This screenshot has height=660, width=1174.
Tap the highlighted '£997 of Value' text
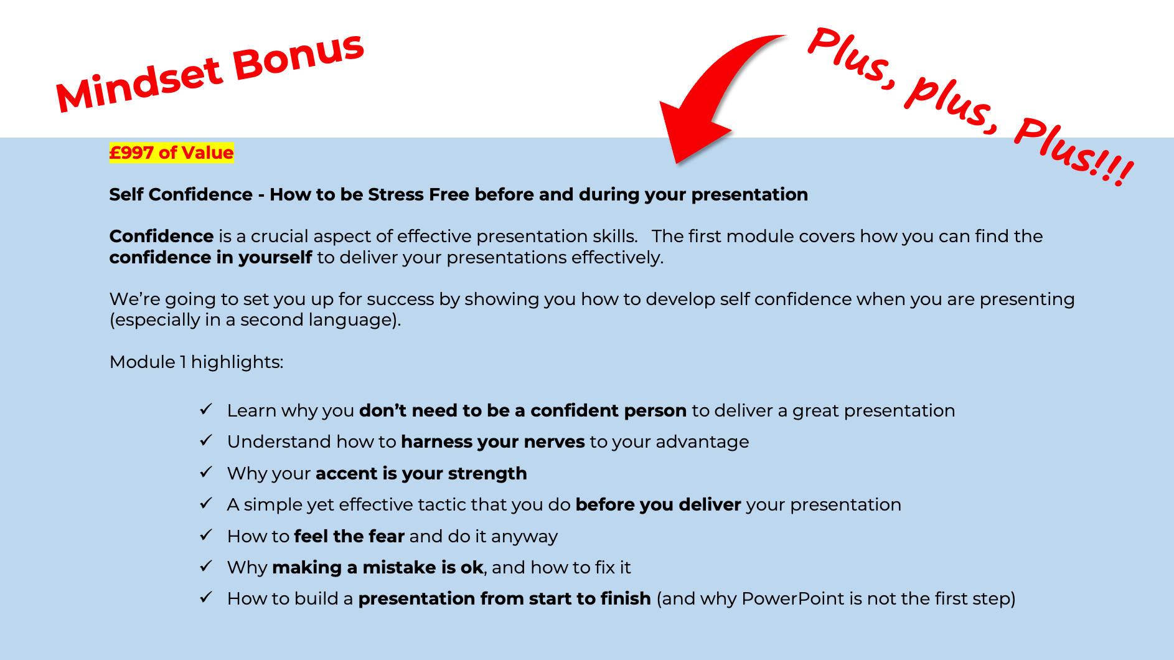click(x=171, y=153)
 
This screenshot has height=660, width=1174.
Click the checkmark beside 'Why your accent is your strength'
click(x=206, y=472)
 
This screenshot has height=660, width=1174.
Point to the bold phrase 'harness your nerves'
click(x=493, y=441)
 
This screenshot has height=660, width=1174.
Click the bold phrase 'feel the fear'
click(x=349, y=536)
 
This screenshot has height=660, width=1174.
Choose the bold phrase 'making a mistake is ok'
click(x=378, y=567)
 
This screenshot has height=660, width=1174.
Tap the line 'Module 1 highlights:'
click(x=196, y=362)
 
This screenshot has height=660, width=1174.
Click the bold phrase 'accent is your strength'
click(x=421, y=473)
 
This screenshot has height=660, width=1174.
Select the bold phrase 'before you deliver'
click(x=658, y=504)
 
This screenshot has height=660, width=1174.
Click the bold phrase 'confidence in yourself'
click(x=211, y=257)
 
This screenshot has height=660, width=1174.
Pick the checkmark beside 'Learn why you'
click(x=206, y=409)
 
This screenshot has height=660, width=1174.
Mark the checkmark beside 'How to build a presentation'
click(x=206, y=597)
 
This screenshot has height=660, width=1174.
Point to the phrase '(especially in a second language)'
click(x=255, y=319)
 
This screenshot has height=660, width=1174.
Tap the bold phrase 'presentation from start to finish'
click(x=505, y=598)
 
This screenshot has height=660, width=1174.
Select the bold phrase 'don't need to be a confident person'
click(x=523, y=410)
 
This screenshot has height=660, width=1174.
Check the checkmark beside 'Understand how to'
click(x=206, y=440)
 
